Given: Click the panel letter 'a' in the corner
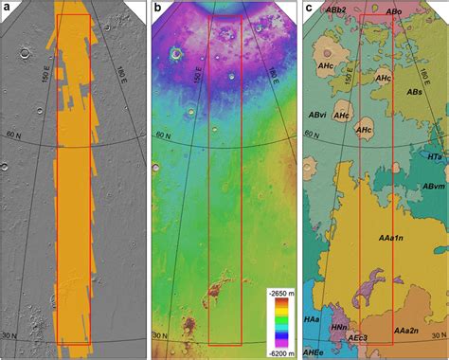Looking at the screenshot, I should (x=9, y=9).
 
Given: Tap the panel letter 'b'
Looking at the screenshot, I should (x=158, y=9).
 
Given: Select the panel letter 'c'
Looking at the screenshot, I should (x=309, y=9).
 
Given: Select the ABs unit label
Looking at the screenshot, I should (x=414, y=91).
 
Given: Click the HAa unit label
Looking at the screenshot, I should (x=312, y=320).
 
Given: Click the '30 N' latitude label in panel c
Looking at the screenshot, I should (x=320, y=338).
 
